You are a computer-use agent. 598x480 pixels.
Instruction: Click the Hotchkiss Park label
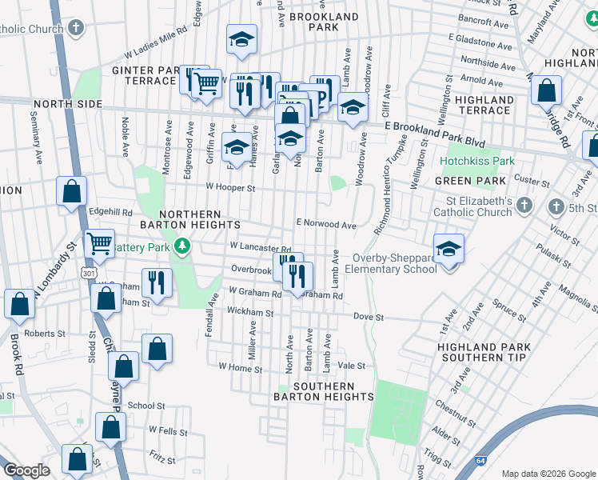pos(477,161)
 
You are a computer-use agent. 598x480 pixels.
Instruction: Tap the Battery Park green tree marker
pos(184,246)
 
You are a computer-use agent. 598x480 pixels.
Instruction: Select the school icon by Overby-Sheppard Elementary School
pos(449,247)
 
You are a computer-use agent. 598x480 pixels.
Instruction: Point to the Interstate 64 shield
pos(500,462)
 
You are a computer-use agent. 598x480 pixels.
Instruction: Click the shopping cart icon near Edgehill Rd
pos(100,242)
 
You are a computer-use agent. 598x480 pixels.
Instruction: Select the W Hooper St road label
pos(229,189)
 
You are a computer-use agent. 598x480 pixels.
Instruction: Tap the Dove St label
pos(369,318)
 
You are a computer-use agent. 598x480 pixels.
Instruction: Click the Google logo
pos(26,470)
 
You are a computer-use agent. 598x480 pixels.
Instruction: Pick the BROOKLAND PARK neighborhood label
pos(324,22)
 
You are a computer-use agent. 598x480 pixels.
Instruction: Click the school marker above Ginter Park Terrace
pos(241,40)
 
